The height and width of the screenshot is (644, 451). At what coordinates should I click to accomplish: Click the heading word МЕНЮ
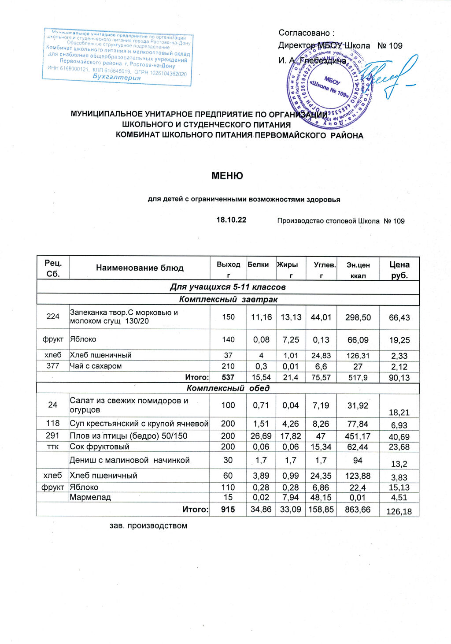tap(227, 176)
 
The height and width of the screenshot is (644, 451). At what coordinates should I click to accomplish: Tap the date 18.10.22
tap(231, 220)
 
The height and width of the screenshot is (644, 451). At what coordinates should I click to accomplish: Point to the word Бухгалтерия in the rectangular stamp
tap(117, 77)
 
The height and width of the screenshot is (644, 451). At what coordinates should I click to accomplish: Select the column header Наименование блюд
tap(140, 268)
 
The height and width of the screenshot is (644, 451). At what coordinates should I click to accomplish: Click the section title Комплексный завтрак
tap(228, 300)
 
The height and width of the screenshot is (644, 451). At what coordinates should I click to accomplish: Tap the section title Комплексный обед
tap(228, 388)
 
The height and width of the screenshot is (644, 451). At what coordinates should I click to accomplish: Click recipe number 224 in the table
tap(53, 316)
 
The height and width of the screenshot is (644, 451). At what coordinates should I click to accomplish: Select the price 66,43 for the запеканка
tap(399, 318)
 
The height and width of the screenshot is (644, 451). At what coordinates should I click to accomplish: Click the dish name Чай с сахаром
tap(96, 366)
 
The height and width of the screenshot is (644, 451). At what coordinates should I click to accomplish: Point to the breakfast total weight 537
tap(228, 377)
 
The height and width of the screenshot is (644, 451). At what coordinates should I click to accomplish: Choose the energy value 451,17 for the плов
tap(358, 436)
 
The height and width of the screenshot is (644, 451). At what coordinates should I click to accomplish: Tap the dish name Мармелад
tap(90, 497)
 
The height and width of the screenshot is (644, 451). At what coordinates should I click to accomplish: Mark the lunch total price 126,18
tap(399, 511)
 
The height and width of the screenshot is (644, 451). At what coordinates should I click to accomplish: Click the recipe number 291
tap(53, 436)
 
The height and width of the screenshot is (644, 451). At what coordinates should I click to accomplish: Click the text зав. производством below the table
tap(148, 525)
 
